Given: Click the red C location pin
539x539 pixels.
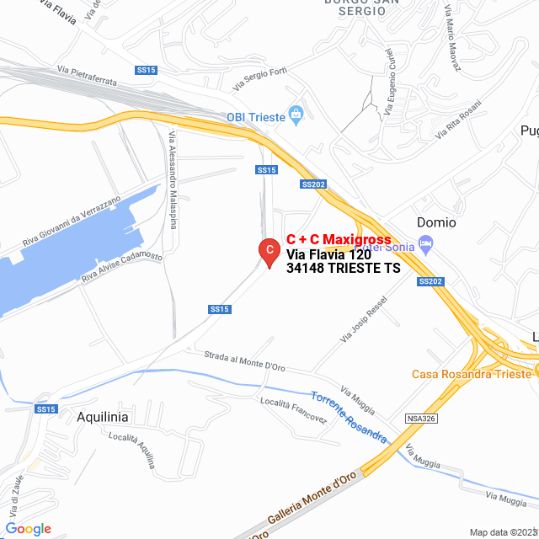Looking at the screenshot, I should coord(268,251).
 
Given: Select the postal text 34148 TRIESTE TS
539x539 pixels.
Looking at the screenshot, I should coord(343,269).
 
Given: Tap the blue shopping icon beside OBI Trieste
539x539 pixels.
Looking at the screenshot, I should coord(295,115).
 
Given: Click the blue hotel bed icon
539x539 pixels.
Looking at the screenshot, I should coord(426,245).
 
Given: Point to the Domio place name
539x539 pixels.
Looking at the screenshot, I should coord(436,222).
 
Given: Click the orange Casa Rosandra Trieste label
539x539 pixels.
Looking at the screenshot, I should coord(472,374).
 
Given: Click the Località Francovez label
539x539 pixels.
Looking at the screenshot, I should coord(293,410).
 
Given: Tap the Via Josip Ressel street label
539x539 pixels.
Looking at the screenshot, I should coord(363,319).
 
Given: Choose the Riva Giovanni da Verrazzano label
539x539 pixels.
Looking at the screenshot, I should coord(72,221).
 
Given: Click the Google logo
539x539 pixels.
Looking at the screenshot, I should coord(28,528).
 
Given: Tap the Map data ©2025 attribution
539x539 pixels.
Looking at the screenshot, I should coord(502,532).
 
